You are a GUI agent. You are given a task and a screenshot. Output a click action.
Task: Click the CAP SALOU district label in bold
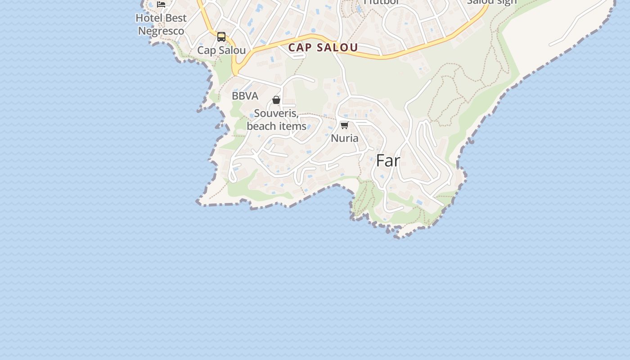coord(323,47)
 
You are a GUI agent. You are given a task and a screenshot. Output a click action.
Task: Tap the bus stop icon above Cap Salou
coord(221,37)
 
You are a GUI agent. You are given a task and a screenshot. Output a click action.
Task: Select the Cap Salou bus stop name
coord(221,50)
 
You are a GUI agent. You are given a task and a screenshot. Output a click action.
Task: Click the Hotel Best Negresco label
coord(161,24)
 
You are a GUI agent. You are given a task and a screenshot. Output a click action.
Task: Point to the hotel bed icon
coord(161,4)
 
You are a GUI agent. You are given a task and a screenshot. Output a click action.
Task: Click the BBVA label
coord(245,96)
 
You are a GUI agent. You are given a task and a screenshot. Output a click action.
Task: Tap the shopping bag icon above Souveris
coord(276,100)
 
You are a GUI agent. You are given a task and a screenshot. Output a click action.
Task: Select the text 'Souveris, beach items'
coord(276,120)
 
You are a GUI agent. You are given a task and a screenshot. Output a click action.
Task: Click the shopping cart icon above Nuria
coord(345,125)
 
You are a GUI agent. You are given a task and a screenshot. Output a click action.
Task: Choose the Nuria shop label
coord(345,138)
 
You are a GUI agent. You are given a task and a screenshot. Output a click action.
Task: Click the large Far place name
coord(388,161)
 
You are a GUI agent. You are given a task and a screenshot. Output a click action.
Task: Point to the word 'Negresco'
coord(161,31)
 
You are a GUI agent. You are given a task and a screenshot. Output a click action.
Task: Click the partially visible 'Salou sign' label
coord(492,2)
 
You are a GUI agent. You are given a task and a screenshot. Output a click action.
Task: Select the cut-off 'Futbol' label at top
coord(382,2)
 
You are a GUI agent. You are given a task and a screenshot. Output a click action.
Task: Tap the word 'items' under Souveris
coord(292,126)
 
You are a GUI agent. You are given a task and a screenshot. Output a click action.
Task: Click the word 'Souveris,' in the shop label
coord(276,113)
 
